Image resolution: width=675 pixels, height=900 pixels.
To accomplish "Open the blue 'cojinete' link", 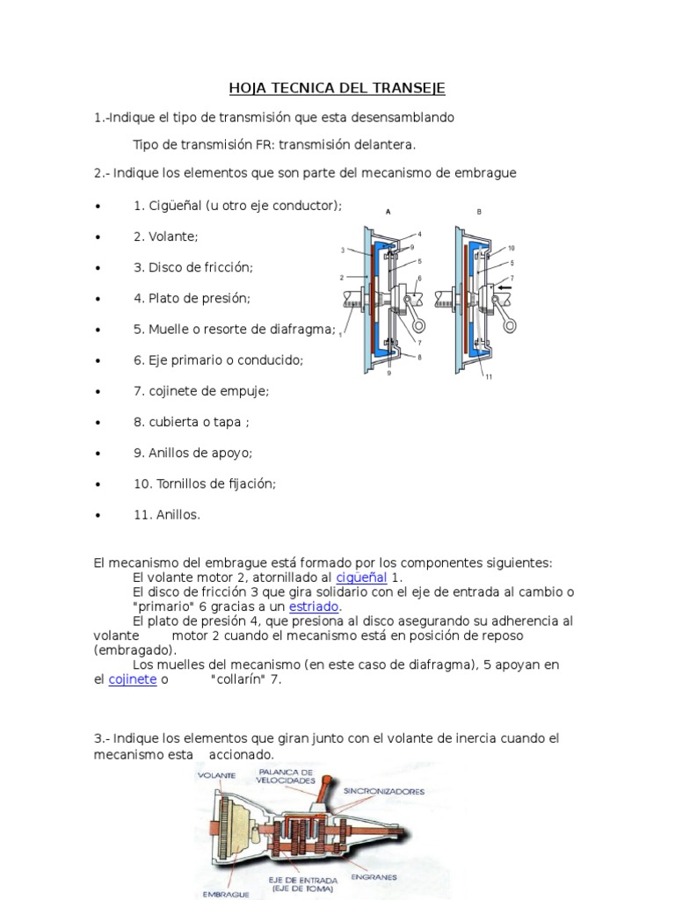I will coord(132,679).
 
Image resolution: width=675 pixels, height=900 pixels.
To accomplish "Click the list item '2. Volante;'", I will coord(166,236).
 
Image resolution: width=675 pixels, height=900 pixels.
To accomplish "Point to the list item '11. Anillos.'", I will coord(167,515).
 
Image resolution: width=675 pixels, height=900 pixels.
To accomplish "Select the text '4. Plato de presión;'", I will coord(192,298).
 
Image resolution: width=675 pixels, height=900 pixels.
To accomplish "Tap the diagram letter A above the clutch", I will coord(388,211).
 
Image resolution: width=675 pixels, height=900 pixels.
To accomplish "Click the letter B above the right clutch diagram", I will coord(479,211).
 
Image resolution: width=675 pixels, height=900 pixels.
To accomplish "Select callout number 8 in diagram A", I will coord(420,357).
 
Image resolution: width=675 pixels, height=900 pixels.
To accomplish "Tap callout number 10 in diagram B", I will coord(512,249).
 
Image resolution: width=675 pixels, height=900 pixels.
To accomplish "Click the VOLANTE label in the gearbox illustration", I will coord(215,775).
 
